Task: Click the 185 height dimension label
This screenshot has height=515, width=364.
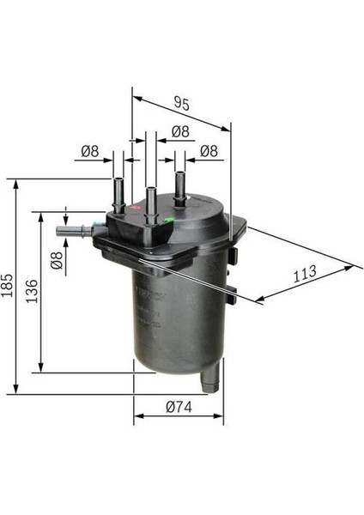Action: [7, 285]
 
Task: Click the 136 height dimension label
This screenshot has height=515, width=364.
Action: [33, 291]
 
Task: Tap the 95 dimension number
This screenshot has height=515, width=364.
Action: [182, 103]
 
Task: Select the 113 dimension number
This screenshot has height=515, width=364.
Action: [305, 274]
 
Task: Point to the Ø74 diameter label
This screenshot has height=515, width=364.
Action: [179, 407]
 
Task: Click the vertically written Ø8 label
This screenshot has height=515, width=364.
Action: [57, 260]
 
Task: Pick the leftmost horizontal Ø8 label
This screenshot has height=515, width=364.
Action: [89, 151]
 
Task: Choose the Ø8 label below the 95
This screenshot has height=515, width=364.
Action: [180, 131]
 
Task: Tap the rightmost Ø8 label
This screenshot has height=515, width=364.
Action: [209, 151]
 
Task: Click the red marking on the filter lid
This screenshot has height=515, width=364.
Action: [135, 207]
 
